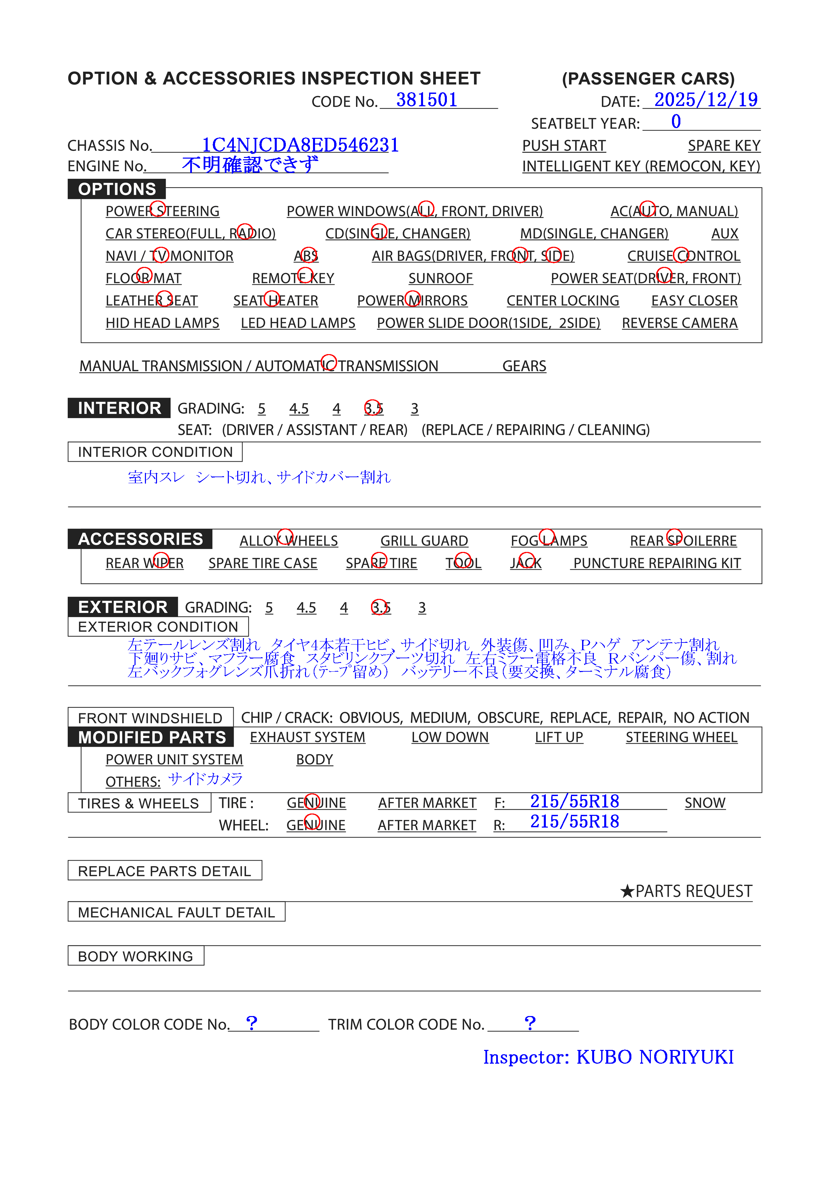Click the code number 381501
426,100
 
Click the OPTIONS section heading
117,189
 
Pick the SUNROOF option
440,278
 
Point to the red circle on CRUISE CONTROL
681,255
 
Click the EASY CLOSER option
694,301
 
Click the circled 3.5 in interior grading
373,408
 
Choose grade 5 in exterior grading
269,608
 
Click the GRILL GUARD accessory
424,541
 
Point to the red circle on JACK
526,561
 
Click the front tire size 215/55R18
574,801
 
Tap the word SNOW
705,803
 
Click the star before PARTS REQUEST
627,891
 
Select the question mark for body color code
251,1023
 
